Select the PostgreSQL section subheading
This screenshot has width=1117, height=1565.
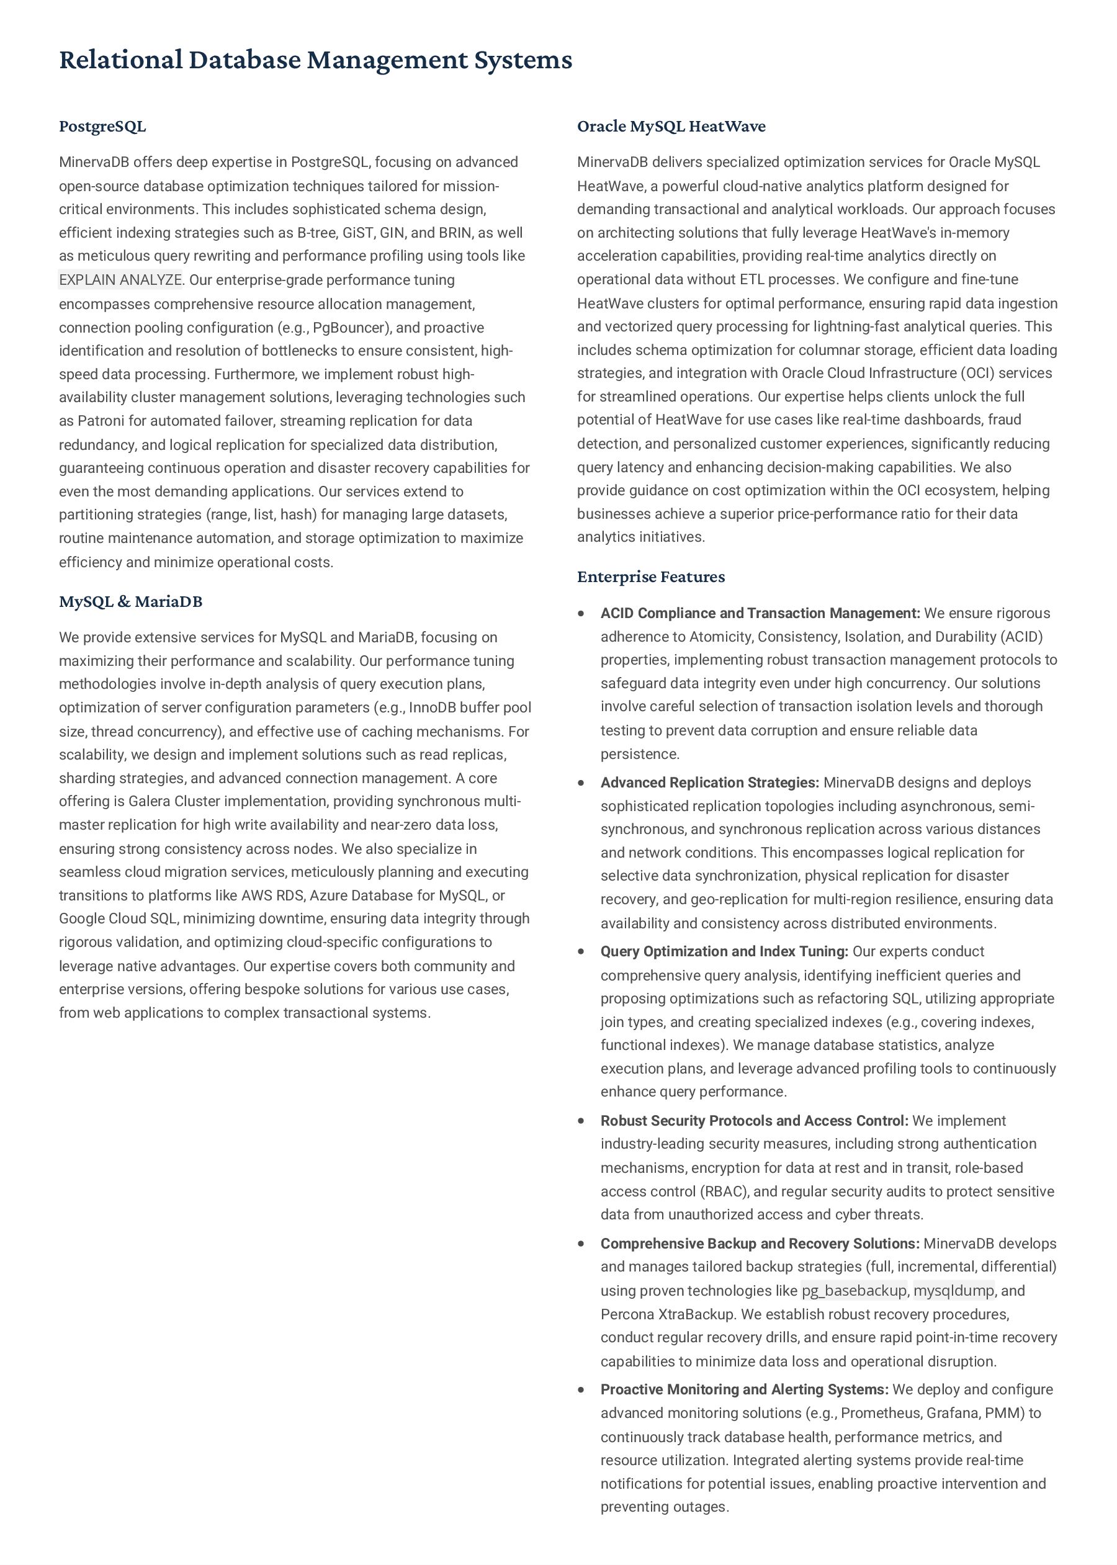tap(102, 127)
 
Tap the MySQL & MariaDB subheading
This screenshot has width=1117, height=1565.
tap(131, 602)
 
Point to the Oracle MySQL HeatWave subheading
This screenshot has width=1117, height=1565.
tap(671, 127)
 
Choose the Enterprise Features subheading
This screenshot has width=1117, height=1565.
tap(651, 577)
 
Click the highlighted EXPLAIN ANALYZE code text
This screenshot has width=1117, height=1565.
tap(120, 280)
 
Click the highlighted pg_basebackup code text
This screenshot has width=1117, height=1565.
tap(853, 1291)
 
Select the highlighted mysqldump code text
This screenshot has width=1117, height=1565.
tap(953, 1291)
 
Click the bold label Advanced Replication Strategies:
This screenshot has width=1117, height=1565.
tap(709, 782)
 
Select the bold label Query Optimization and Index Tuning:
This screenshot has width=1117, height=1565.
tap(724, 952)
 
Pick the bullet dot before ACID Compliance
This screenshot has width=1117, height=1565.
tap(582, 613)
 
